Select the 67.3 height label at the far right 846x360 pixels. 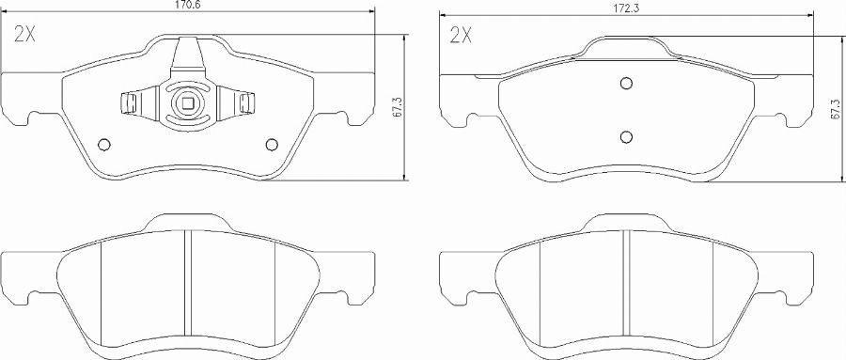(x=833, y=108)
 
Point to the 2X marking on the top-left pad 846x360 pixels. (x=25, y=36)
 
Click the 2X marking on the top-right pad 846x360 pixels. (x=461, y=36)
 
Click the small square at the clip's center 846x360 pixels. (x=187, y=104)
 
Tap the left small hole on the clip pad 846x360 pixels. (x=104, y=144)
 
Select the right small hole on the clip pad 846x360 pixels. (x=273, y=144)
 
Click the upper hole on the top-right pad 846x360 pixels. (x=626, y=83)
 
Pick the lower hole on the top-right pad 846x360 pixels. (x=626, y=137)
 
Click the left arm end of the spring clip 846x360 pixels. (x=126, y=102)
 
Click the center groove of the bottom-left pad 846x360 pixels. (x=187, y=282)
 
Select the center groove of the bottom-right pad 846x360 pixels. (x=626, y=282)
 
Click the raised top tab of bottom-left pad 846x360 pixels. (x=187, y=223)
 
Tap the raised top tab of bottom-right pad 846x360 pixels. (x=626, y=223)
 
